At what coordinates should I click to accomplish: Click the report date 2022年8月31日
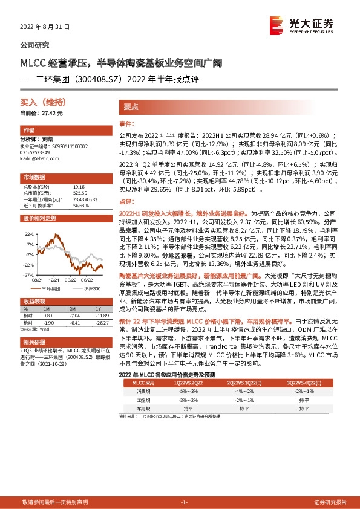(45, 27)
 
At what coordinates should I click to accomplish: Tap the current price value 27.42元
(51, 113)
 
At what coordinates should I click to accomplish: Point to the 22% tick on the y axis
(28, 233)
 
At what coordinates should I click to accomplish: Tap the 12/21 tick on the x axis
(53, 279)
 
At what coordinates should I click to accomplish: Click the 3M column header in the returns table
(75, 310)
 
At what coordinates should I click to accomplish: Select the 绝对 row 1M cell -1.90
(48, 321)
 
